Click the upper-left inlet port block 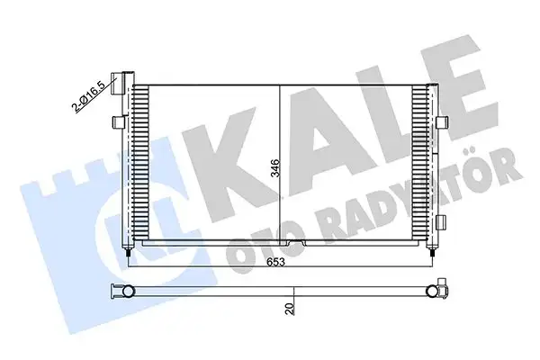pyautogui.click(x=114, y=79)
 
